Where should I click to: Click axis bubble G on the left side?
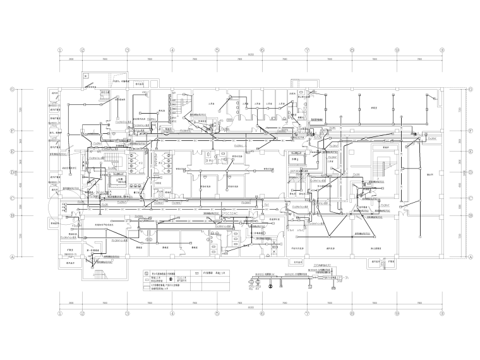(12, 90)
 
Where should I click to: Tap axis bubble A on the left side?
(12, 257)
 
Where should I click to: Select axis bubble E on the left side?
(12, 152)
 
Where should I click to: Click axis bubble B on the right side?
(471, 215)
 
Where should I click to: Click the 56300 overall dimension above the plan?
(251, 56)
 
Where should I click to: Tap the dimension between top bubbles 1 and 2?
(71, 59)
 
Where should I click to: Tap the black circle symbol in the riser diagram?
(270, 285)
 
